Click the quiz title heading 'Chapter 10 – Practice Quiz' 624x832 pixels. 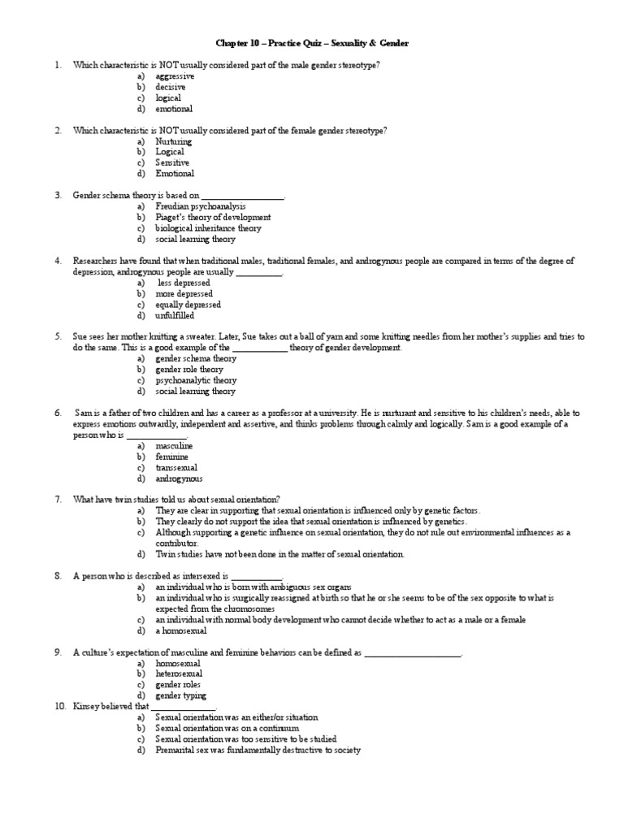(x=312, y=42)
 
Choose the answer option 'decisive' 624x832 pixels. (x=171, y=87)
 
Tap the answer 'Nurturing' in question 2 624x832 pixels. (x=174, y=141)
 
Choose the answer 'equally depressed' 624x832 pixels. (x=188, y=305)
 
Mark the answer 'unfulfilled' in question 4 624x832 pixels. (x=175, y=315)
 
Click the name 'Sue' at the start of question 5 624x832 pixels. (x=80, y=336)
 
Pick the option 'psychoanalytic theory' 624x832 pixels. (x=196, y=380)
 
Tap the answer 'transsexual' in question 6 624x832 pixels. (x=176, y=468)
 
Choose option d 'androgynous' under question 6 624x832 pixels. (x=179, y=479)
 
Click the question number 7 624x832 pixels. (x=58, y=499)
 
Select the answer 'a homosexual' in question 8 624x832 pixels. (x=181, y=630)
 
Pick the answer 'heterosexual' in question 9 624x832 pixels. (x=179, y=674)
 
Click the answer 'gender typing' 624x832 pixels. (x=180, y=695)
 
